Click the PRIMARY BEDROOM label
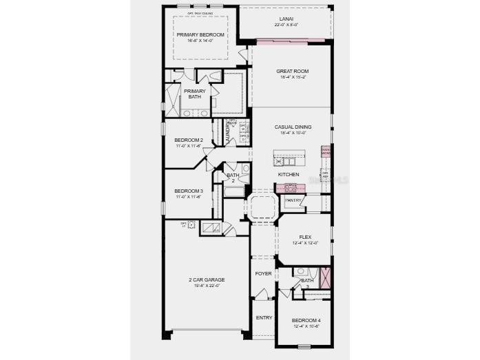point(200,34)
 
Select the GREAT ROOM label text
point(292,71)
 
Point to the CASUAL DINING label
point(293,127)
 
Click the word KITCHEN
point(289,174)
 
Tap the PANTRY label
point(294,200)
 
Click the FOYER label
point(263,273)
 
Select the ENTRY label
point(264,317)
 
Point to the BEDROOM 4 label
point(305,320)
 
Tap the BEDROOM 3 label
point(188,191)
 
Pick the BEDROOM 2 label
point(188,140)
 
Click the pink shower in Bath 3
point(325,277)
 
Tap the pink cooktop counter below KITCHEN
point(290,188)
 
